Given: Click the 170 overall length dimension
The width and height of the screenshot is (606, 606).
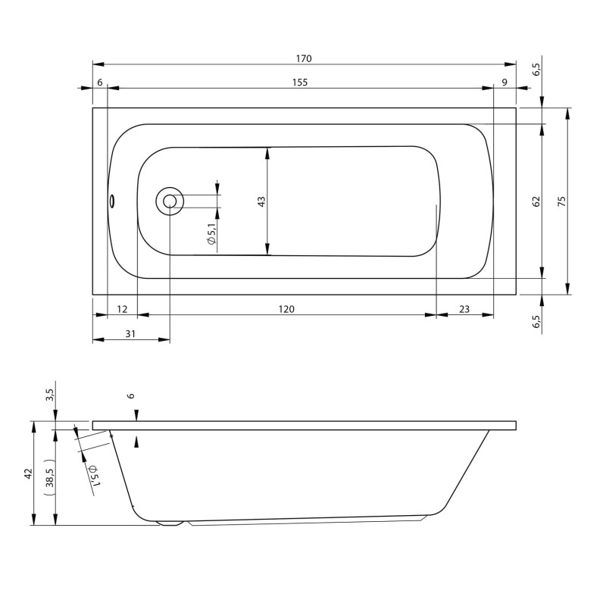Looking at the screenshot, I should point(305,58).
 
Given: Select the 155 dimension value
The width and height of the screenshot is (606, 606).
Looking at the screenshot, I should point(299,83).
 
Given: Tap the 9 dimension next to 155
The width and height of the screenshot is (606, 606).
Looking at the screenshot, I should point(504,83).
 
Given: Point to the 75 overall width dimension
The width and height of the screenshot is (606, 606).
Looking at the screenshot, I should point(561,201).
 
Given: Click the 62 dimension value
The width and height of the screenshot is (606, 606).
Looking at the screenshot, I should point(536,201).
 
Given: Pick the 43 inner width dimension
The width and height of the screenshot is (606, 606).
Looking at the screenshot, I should point(261,201).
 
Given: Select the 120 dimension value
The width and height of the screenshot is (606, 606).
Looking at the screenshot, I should point(286,309).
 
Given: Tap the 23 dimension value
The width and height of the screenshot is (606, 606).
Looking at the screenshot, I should point(464,309).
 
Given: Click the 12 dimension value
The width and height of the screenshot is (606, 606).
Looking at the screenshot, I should point(123,309).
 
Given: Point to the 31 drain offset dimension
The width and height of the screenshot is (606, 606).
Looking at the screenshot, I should point(130,334).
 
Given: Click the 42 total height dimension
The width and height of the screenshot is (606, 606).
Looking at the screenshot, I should point(28,473).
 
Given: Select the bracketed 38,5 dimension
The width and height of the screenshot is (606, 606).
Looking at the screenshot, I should point(49,477).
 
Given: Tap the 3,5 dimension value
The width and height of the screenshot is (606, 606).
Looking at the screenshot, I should point(50,395).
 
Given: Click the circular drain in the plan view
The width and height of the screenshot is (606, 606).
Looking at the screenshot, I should point(170,201).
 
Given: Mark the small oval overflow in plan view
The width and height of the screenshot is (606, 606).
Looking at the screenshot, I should point(111,201).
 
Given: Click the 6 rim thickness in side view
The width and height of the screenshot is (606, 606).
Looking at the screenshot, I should point(130,395).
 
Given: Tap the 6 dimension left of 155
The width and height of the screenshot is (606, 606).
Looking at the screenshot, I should point(100,83).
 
